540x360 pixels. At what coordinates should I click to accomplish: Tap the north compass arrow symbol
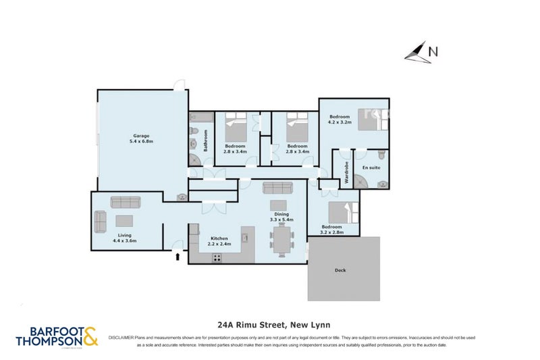(x=418, y=52)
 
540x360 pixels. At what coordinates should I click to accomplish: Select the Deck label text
(x=341, y=270)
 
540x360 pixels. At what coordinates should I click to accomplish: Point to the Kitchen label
(x=219, y=238)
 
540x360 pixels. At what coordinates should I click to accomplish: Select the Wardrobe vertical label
(x=346, y=172)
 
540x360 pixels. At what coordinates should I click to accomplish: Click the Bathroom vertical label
(x=205, y=140)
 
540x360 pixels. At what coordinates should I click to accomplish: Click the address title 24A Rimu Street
(x=270, y=324)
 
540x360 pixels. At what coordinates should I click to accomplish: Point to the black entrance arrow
(x=178, y=255)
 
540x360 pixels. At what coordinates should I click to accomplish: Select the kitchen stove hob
(x=218, y=257)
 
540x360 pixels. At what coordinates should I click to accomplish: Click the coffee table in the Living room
(x=124, y=220)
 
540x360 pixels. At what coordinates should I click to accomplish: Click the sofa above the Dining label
(x=277, y=188)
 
